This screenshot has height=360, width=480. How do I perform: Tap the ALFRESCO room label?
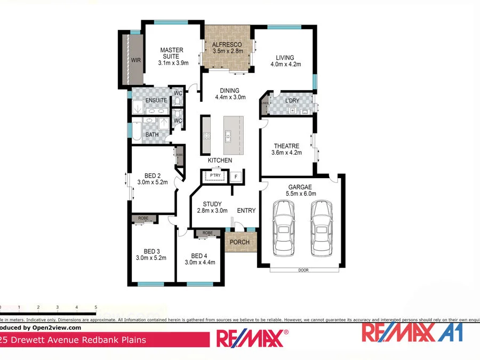click(x=227, y=44)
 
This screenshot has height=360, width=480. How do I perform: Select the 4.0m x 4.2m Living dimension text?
click(x=285, y=65)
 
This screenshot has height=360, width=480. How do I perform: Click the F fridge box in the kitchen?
click(x=236, y=177)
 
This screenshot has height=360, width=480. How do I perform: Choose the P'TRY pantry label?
click(x=215, y=175)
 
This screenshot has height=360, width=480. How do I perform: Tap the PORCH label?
click(x=239, y=242)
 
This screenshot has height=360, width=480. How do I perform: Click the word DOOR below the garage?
click(x=303, y=270)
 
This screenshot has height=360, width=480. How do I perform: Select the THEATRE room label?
click(x=286, y=146)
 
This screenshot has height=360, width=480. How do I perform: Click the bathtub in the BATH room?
click(x=137, y=131)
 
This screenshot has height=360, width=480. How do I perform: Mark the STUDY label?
click(x=212, y=204)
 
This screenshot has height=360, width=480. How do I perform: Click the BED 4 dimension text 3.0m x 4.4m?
click(x=199, y=262)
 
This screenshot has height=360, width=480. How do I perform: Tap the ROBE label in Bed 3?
click(x=143, y=219)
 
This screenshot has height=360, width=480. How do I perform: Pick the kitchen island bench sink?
click(x=228, y=134)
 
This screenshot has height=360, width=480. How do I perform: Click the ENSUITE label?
click(x=156, y=100)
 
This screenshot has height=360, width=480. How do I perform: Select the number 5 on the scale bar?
click(x=95, y=308)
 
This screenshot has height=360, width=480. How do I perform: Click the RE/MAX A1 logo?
click(x=412, y=332)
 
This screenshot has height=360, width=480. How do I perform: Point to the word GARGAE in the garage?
click(x=301, y=187)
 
